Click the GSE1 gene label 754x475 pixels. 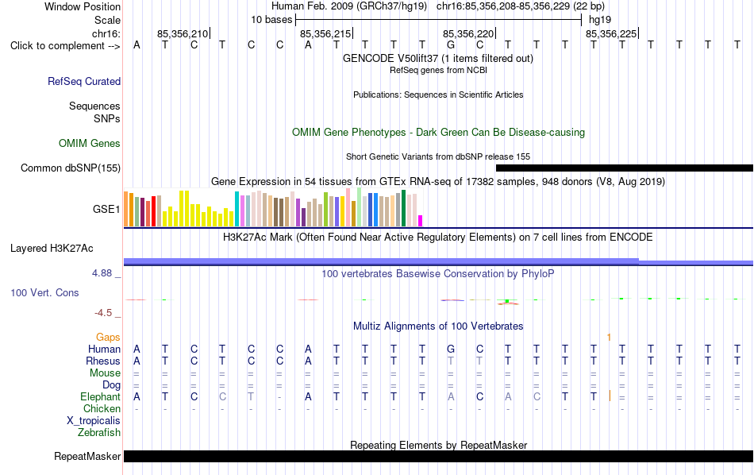[106, 209]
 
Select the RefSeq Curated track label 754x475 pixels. [84, 81]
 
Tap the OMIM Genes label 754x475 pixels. [90, 144]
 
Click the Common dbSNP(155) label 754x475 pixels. [71, 168]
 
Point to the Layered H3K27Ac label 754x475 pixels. [52, 249]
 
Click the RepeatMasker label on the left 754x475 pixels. [87, 456]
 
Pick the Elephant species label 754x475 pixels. [101, 397]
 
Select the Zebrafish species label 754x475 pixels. [99, 433]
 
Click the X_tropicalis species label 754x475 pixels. [94, 421]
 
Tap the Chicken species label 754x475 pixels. [102, 408]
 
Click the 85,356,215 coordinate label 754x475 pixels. [325, 33]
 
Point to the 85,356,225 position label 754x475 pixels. [611, 33]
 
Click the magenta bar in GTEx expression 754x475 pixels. [421, 221]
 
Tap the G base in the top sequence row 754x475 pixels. [451, 44]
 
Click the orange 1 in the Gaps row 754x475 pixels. [609, 338]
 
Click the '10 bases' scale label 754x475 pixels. [271, 20]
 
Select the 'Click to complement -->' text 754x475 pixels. [65, 46]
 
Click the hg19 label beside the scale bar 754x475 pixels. [600, 20]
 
